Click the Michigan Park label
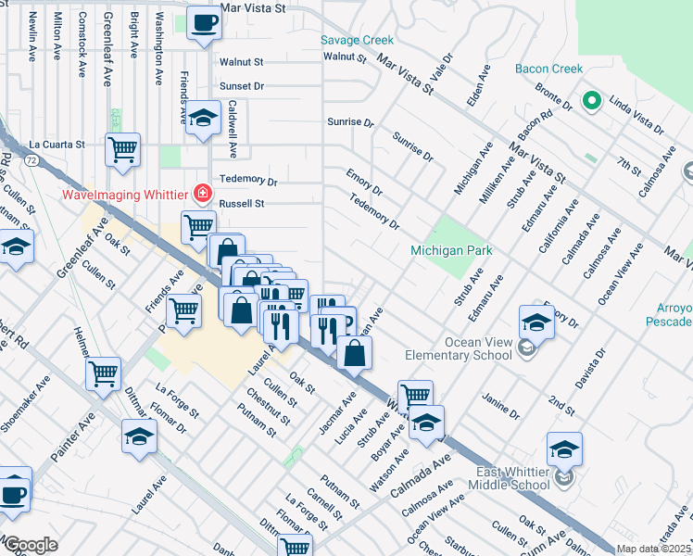tap(451, 251)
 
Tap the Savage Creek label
tap(357, 40)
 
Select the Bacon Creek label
tap(549, 69)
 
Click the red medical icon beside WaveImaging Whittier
tap(201, 195)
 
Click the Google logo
tap(31, 545)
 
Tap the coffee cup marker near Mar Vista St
tap(204, 22)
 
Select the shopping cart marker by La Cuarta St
tap(122, 149)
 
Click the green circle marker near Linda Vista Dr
tap(588, 101)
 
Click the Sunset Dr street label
tap(242, 85)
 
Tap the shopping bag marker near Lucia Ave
tap(354, 352)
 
